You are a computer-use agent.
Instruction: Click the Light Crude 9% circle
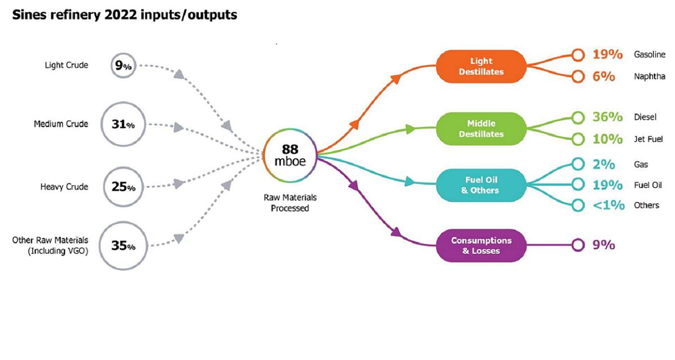123,66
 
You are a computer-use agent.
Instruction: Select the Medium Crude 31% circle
123,124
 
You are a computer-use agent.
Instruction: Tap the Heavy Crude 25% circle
123,187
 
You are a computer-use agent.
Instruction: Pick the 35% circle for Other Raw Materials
123,246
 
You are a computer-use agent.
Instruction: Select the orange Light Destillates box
481,66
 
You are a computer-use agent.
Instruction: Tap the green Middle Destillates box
481,129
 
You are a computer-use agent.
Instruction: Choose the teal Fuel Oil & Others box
481,184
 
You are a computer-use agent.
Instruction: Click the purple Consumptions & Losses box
481,245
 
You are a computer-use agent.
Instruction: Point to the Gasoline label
650,55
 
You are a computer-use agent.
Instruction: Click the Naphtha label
649,76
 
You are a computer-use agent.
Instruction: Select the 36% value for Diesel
607,117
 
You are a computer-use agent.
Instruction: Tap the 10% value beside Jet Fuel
607,138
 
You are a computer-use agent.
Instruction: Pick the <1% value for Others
608,205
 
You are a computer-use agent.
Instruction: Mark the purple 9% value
603,245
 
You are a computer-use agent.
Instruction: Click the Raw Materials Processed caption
290,203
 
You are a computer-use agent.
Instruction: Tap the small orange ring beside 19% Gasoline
577,55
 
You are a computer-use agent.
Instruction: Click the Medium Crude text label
61,124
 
